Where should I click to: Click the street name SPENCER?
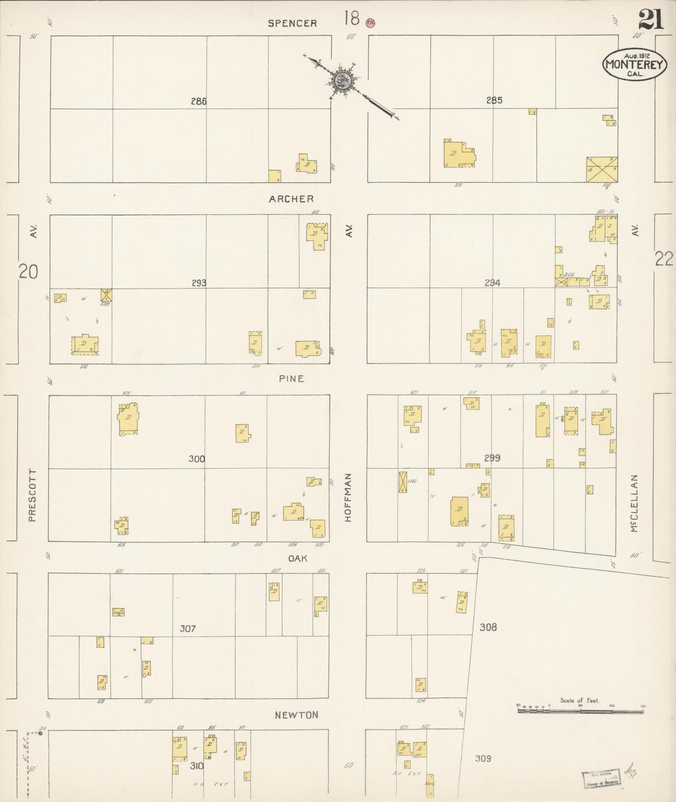point(292,23)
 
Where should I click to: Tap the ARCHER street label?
point(291,199)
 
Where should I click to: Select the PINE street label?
point(291,379)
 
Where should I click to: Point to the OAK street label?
point(297,558)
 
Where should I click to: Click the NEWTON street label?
point(297,715)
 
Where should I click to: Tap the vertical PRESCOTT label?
point(32,495)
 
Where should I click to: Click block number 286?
point(199,101)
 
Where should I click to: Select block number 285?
point(494,100)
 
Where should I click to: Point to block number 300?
point(196,459)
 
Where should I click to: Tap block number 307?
point(188,629)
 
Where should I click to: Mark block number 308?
point(488,627)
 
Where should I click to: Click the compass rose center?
point(342,80)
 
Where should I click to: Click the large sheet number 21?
point(651,20)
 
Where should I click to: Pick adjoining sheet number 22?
point(664,258)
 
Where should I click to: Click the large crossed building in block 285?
point(602,169)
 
